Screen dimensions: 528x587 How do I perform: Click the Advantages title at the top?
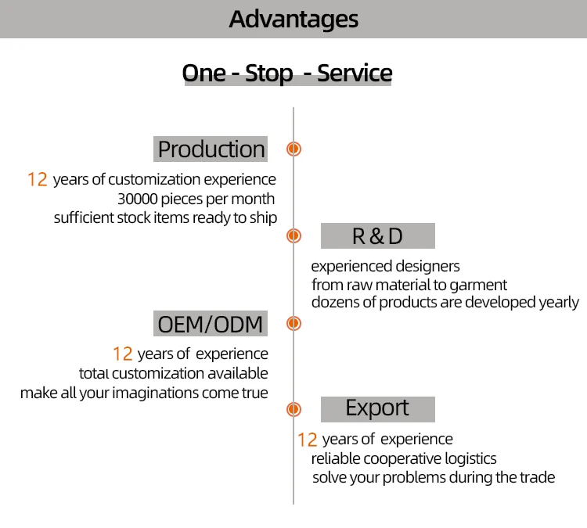(x=293, y=19)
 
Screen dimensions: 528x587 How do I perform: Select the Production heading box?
(x=211, y=149)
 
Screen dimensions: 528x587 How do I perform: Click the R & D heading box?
(x=377, y=235)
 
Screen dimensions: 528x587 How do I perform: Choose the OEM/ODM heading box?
(x=211, y=323)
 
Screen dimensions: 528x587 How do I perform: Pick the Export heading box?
(x=377, y=408)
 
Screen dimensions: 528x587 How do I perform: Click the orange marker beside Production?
(x=293, y=149)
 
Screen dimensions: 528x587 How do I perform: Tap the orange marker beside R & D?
(x=293, y=235)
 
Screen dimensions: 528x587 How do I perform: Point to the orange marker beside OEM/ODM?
(x=293, y=323)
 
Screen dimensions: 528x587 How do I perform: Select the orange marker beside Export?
(x=293, y=408)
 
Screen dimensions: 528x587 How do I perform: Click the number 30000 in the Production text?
(x=139, y=199)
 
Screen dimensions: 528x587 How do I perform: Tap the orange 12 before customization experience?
(x=38, y=180)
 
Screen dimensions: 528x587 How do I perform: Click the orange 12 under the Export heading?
(x=307, y=440)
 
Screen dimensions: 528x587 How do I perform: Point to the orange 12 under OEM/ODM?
(x=122, y=354)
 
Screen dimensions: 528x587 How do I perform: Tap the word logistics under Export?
(x=469, y=458)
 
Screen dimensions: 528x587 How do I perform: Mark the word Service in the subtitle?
(x=355, y=74)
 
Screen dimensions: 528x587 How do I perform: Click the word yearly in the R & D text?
(x=559, y=302)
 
